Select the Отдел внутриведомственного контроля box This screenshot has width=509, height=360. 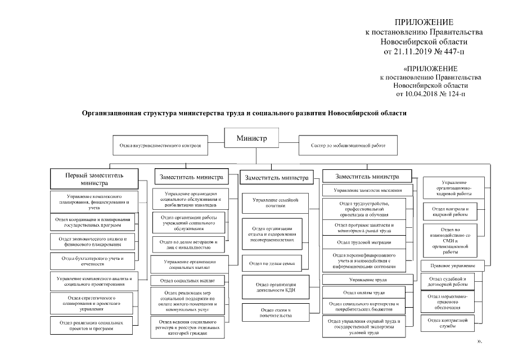160,145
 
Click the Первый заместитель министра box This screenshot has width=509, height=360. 93,179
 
